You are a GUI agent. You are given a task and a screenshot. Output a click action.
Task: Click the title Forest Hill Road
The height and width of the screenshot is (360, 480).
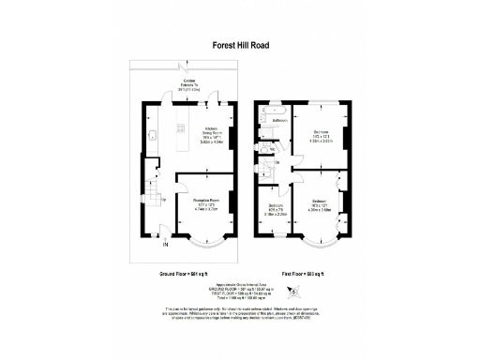click(x=239, y=43)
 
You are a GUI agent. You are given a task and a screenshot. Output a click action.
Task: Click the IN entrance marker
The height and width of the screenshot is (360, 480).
click(x=165, y=246)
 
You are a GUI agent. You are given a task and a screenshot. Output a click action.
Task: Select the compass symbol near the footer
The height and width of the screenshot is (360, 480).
click(x=293, y=292)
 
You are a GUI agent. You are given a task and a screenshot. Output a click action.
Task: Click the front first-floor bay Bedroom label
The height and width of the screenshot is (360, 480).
click(x=321, y=204)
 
